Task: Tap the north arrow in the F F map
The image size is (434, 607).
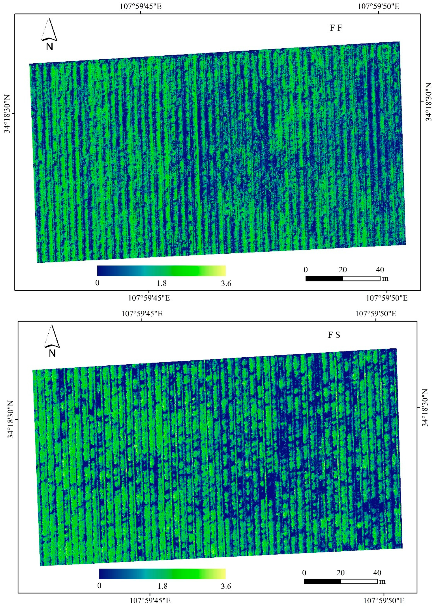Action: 49,29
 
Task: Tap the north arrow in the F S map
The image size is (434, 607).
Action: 52,336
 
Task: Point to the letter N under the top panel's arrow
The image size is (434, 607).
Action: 49,47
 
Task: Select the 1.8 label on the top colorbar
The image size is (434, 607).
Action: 162,283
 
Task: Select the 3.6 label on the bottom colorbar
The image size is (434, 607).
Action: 226,586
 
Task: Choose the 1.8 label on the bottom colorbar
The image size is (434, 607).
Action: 163,586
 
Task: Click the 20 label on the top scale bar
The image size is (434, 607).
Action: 343,270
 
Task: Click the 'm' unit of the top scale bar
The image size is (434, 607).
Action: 385,279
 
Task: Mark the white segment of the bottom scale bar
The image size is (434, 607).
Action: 359,581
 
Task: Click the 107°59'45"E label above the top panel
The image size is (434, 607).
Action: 141,6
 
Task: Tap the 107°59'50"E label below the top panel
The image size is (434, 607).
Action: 386,298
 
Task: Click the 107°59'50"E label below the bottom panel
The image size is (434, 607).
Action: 384,601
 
